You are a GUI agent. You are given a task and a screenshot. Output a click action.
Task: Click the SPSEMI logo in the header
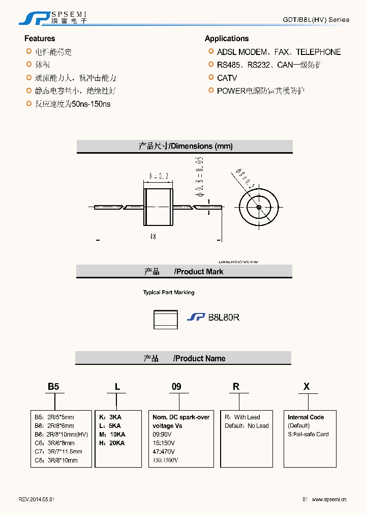tap(53, 17)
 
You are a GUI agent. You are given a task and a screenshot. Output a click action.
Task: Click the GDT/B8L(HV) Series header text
tap(316, 20)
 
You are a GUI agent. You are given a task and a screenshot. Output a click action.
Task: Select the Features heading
tap(40, 39)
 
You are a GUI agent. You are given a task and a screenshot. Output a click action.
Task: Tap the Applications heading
tap(227, 39)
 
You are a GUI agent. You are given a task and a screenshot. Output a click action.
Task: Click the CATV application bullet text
tap(227, 78)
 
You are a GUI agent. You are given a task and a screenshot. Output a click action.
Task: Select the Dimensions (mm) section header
tap(185, 147)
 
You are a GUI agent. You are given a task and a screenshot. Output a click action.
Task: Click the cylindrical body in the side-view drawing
tap(158, 207)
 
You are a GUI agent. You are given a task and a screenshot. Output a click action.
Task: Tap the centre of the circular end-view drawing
tap(258, 207)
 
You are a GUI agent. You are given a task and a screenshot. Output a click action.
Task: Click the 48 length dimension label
tap(153, 237)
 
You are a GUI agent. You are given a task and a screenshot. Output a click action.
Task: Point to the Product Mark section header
tap(184, 272)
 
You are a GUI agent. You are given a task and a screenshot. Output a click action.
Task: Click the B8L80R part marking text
tap(224, 317)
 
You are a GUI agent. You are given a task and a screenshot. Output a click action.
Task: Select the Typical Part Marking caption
tap(168, 293)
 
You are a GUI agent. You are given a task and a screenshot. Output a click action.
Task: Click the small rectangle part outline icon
tap(166, 320)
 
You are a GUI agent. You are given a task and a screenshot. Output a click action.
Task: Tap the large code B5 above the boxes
tap(53, 387)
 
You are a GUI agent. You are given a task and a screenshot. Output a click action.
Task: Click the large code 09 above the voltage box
tap(176, 387)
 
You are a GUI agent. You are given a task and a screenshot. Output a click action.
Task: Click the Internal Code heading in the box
tap(306, 417)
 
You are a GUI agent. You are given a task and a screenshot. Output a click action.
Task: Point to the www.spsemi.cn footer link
tap(328, 500)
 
